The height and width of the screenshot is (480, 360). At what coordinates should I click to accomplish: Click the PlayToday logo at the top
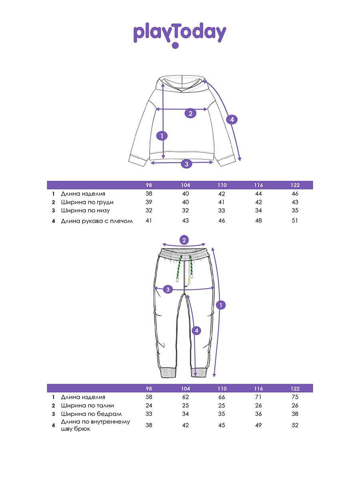tap(180, 34)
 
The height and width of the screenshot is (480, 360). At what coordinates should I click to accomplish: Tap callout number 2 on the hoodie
tap(190, 113)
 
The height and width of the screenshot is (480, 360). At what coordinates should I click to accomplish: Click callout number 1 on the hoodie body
tap(162, 136)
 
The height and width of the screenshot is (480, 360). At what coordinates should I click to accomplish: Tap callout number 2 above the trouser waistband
tap(184, 240)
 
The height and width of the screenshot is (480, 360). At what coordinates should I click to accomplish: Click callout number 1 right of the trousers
tap(220, 305)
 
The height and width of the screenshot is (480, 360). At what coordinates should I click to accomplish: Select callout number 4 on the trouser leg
tap(196, 331)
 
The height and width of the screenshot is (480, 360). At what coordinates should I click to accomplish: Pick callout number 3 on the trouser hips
tap(168, 289)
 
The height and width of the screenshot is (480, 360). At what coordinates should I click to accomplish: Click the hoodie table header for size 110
tap(222, 185)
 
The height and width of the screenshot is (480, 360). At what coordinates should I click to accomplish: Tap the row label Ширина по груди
tap(87, 202)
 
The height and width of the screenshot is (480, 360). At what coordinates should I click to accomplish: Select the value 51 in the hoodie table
tap(295, 220)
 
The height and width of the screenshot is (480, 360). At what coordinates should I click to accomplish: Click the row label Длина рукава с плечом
tap(96, 220)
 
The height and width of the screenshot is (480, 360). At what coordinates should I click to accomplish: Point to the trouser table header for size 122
tap(295, 388)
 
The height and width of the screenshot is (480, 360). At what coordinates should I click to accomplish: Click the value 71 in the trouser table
tap(258, 397)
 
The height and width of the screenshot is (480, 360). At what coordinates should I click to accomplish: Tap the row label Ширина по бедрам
tap(91, 414)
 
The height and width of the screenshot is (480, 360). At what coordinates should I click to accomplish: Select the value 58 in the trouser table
tap(149, 397)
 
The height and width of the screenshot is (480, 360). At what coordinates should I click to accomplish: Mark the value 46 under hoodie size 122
tap(295, 194)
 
